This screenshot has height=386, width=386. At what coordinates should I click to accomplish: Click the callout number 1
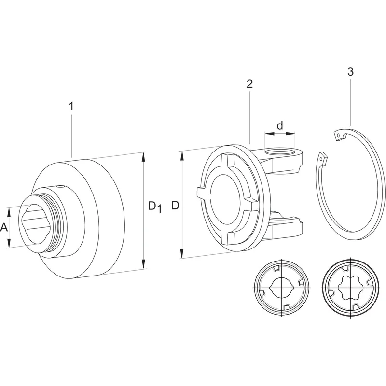click(71, 107)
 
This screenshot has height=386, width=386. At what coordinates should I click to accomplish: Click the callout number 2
click(249, 84)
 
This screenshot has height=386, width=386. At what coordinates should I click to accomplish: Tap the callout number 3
click(350, 71)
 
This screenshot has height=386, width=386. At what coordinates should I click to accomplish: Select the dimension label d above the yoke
click(280, 125)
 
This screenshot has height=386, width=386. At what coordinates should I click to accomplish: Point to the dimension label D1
click(155, 207)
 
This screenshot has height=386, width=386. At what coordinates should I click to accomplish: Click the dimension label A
click(4, 227)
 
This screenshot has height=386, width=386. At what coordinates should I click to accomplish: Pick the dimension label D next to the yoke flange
click(175, 206)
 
